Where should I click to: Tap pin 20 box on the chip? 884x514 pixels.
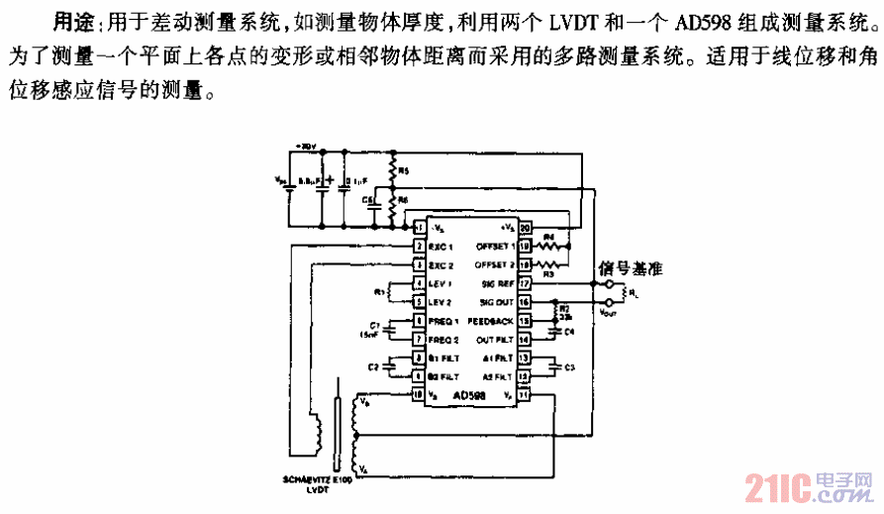click(525, 228)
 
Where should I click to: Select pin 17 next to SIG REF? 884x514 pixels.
click(525, 283)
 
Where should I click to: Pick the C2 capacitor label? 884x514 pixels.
click(372, 367)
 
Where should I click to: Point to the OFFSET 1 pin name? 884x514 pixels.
click(494, 246)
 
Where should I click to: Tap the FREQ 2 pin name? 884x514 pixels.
click(446, 340)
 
